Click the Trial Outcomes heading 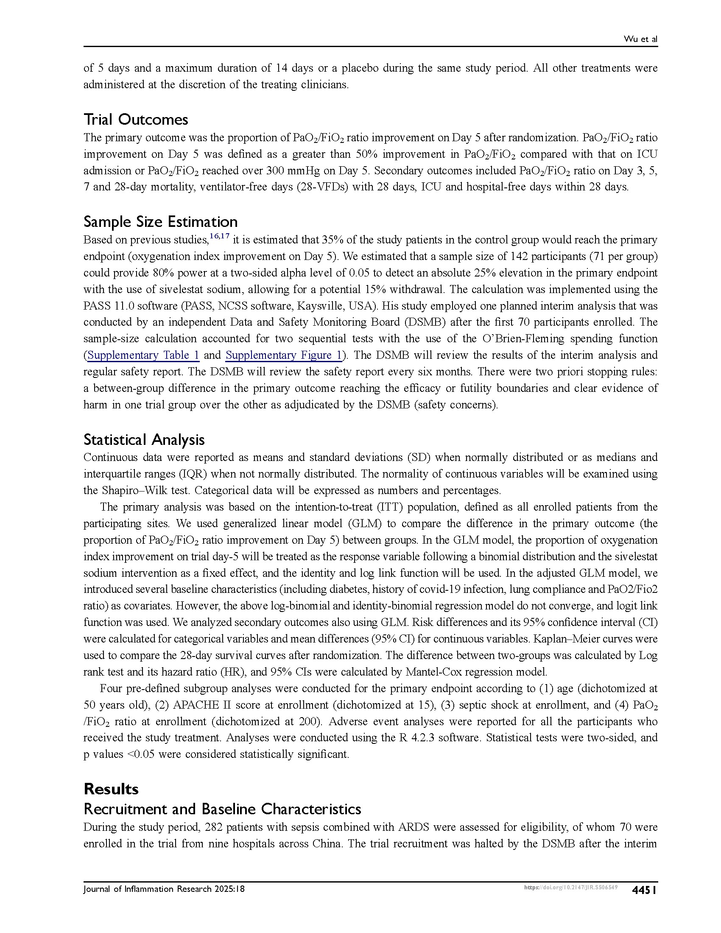(135, 120)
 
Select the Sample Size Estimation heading (160, 222)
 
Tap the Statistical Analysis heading (144, 440)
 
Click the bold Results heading (111, 789)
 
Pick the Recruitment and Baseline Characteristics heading (222, 809)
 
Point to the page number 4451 (644, 890)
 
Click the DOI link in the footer (570, 888)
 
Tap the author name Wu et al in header (640, 39)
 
